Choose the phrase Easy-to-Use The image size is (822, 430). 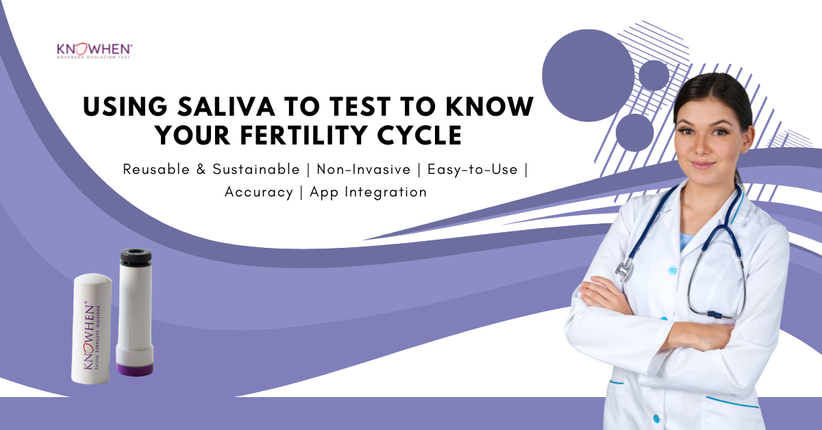pyautogui.click(x=473, y=169)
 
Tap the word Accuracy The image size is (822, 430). pyautogui.click(x=258, y=192)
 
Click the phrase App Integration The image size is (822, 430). pyautogui.click(x=369, y=192)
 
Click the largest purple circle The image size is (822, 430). pyautogui.click(x=588, y=75)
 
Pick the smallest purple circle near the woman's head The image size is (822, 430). pyautogui.click(x=653, y=75)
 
